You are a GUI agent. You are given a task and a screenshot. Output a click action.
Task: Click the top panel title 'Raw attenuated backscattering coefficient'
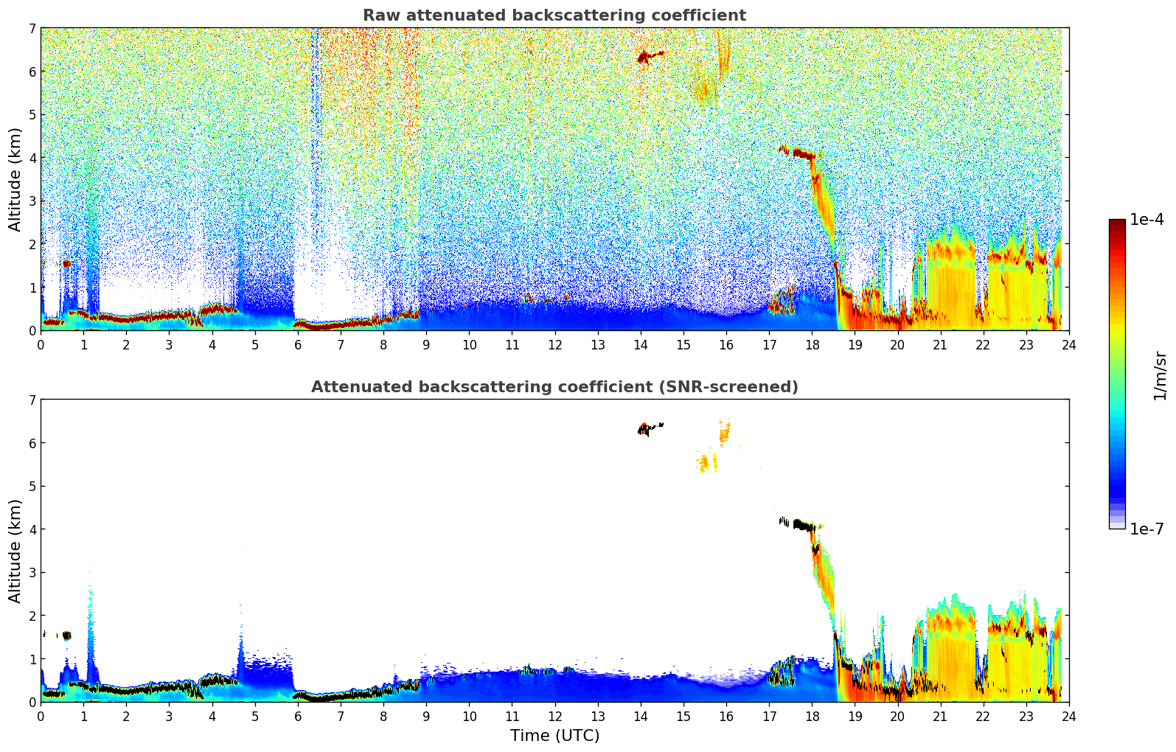554,15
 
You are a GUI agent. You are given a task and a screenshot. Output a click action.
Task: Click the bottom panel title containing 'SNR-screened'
554,387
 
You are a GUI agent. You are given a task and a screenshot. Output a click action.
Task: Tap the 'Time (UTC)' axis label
554,736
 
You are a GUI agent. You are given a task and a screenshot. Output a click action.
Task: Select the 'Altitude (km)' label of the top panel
15,179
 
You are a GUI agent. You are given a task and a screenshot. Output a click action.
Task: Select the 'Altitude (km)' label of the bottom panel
15,551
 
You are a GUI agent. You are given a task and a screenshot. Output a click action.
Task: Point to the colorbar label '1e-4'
1147,220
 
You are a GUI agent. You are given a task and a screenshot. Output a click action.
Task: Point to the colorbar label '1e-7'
1147,529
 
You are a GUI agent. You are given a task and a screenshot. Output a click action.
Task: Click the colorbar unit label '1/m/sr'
1160,375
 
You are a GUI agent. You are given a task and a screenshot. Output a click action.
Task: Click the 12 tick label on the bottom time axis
554,716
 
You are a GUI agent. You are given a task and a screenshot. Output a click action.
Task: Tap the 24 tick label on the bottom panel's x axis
1068,716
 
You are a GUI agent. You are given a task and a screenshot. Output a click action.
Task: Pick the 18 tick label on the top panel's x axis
812,344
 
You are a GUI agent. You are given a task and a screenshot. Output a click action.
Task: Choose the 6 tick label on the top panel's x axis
298,344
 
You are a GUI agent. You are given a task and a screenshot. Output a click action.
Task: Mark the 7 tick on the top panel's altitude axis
32,29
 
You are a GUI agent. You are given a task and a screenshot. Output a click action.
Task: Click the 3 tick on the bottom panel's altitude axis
32,573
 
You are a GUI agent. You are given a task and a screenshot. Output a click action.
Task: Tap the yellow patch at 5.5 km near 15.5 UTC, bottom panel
705,463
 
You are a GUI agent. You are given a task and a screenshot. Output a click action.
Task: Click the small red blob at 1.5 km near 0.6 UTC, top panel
66,263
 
